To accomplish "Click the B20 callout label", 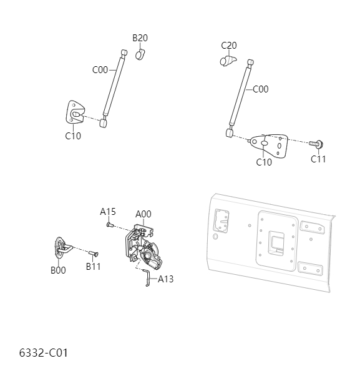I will [x=140, y=38].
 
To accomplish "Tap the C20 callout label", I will [x=229, y=45].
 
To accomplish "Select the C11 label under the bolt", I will [x=319, y=159].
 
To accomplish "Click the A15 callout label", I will [x=108, y=212].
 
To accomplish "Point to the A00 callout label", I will [x=144, y=214].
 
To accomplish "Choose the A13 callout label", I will [x=165, y=279].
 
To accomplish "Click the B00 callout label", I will [x=58, y=270].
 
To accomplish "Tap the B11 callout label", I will [x=93, y=267].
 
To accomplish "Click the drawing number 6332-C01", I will [x=43, y=353].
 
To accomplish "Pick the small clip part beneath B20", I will [x=140, y=54].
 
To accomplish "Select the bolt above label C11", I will [x=317, y=144].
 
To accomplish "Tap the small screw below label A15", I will [x=109, y=223].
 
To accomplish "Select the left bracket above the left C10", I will [x=76, y=113].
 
